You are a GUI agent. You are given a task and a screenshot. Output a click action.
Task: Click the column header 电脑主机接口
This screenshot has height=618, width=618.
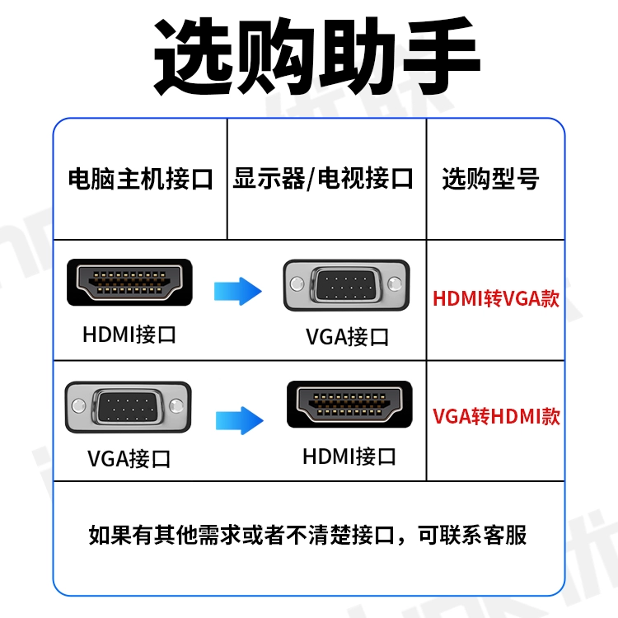(140, 179)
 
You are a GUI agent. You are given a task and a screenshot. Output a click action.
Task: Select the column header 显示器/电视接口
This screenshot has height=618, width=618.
(323, 179)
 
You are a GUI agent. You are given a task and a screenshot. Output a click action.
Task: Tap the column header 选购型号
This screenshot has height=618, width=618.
(491, 179)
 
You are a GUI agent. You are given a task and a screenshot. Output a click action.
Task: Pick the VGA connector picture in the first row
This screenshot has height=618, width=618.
(345, 286)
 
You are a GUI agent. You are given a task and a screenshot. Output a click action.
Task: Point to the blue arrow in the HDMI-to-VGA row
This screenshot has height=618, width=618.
(237, 290)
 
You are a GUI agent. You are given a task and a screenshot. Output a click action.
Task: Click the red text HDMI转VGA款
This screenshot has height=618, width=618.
(496, 298)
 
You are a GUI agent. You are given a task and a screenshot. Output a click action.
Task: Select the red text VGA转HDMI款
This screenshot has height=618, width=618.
(496, 416)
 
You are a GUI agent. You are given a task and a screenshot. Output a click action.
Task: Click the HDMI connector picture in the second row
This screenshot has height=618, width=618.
(349, 404)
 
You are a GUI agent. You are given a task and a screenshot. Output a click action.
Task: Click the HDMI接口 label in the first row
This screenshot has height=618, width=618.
(129, 335)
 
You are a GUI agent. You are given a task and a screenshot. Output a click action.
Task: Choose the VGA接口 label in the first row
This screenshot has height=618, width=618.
(347, 336)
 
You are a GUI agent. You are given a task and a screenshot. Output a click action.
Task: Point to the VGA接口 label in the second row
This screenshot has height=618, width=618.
(129, 458)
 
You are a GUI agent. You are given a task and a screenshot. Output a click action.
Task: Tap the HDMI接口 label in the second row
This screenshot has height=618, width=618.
(349, 456)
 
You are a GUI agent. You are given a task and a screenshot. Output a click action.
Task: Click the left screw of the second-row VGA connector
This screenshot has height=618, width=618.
(79, 405)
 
